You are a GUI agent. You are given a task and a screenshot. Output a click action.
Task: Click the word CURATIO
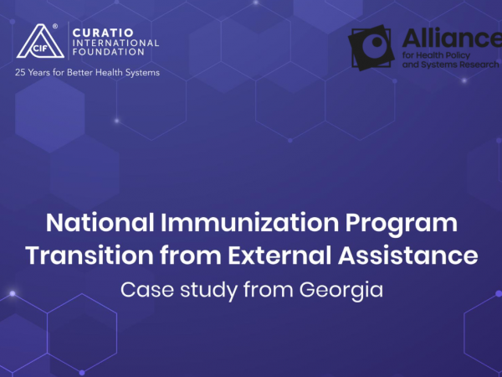[103, 33]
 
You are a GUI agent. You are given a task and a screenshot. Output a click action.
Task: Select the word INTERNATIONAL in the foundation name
[116, 43]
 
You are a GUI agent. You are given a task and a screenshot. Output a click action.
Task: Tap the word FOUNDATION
[109, 52]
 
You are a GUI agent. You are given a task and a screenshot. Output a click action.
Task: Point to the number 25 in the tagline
[20, 73]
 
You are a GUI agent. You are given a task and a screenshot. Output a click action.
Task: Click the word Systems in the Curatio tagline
[142, 73]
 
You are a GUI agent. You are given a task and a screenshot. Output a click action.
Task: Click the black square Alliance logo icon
[371, 48]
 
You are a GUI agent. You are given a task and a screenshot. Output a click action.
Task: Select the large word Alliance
[452, 38]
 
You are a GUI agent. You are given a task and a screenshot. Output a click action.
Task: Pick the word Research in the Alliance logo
[479, 65]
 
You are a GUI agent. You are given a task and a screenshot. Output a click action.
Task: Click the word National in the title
[100, 223]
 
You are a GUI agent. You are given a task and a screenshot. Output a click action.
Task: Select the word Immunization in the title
[249, 223]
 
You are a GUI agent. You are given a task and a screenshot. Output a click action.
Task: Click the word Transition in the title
[90, 256]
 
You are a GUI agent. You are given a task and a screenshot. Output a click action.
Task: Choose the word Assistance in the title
[408, 256]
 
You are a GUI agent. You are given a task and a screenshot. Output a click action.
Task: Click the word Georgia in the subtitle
[341, 291]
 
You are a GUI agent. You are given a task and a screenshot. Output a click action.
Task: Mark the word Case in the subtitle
[146, 290]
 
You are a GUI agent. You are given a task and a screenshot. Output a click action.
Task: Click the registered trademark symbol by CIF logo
[55, 26]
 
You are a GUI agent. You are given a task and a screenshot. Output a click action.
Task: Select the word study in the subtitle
[208, 291]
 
